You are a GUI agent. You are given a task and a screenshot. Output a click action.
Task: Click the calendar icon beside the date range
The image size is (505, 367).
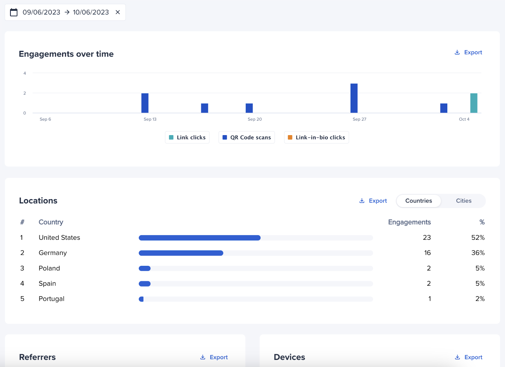14,12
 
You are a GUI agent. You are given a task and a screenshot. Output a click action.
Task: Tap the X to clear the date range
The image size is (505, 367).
118,12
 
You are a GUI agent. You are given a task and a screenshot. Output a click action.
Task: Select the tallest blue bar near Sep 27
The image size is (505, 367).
354,98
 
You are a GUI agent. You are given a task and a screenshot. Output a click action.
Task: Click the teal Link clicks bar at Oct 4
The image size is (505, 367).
473,103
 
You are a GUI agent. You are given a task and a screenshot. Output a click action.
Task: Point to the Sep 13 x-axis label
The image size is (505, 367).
150,119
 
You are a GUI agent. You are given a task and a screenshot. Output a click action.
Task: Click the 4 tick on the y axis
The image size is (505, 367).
25,73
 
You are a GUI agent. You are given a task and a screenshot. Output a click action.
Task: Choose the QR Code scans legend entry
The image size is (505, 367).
247,137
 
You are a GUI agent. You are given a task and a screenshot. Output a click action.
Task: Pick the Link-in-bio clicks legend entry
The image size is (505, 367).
317,137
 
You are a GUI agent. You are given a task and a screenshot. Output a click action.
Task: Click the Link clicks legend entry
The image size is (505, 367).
187,137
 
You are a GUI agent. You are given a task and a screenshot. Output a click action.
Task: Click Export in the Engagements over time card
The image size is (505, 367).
468,52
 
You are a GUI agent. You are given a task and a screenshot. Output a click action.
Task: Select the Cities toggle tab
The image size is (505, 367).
463,201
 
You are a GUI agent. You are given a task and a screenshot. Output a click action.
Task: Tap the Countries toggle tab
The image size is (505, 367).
419,201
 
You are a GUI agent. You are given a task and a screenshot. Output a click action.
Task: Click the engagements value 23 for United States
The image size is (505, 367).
427,238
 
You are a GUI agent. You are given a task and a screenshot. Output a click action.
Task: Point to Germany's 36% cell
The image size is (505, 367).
478,253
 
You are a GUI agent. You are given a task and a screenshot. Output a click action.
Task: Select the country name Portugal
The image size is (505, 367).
51,299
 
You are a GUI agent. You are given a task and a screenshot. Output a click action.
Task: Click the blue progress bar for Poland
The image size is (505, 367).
145,268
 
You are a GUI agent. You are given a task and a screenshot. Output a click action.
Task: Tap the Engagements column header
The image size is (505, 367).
409,222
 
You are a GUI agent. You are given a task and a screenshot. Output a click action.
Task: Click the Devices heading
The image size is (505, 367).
289,357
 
